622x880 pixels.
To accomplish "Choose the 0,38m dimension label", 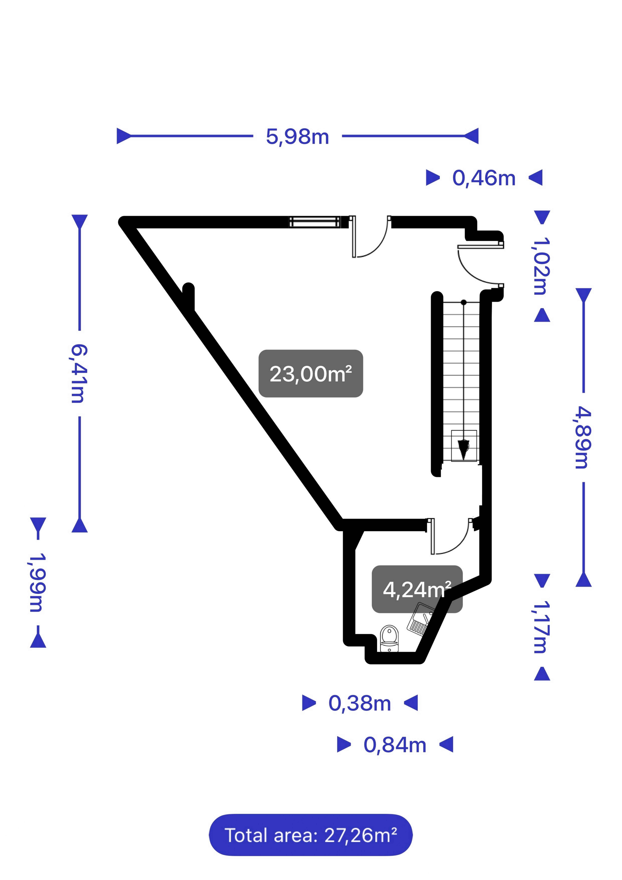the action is tap(359, 703).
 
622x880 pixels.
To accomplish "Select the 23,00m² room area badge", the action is tap(311, 374).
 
